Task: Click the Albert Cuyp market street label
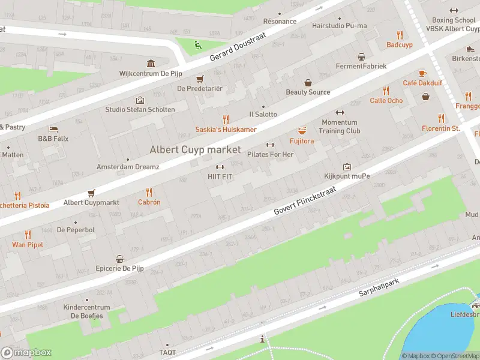(x=195, y=149)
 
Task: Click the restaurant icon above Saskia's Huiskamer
(x=226, y=119)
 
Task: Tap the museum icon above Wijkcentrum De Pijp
(x=150, y=64)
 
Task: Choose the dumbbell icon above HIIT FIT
(x=220, y=167)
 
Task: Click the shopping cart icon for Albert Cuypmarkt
(x=91, y=193)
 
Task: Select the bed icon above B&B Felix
(x=53, y=129)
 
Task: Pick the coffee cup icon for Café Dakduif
(x=422, y=73)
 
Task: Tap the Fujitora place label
(x=302, y=141)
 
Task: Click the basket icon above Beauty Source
(x=308, y=83)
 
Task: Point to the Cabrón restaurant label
(x=149, y=202)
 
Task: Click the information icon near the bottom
(x=262, y=340)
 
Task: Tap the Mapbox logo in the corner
(x=26, y=352)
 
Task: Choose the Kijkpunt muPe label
(x=347, y=176)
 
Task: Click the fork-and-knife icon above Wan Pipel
(x=28, y=235)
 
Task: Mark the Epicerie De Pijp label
(x=120, y=268)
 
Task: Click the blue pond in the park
(x=444, y=333)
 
